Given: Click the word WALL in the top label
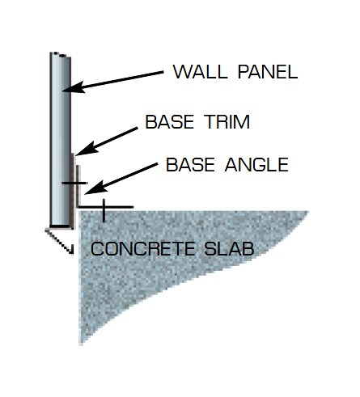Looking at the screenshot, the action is pyautogui.click(x=200, y=72).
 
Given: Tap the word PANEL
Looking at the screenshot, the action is pyautogui.click(x=268, y=72).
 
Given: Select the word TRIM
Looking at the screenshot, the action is pyautogui.click(x=227, y=122).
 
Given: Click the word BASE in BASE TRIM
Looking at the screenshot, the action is pyautogui.click(x=170, y=122).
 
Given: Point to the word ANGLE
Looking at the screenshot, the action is pyautogui.click(x=256, y=165).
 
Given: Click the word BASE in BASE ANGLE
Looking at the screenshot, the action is pyautogui.click(x=190, y=165).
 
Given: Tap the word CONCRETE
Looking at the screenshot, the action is pyautogui.click(x=142, y=248).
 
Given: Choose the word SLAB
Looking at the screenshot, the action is pyautogui.click(x=229, y=248).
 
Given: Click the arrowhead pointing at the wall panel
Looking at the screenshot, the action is pyautogui.click(x=73, y=87).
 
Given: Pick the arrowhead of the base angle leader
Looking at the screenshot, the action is pyautogui.click(x=95, y=188).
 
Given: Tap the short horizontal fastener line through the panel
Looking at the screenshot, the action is pyautogui.click(x=74, y=183).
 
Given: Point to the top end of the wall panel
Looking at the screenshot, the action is pyautogui.click(x=61, y=54).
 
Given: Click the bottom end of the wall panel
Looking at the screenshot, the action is pyautogui.click(x=60, y=226).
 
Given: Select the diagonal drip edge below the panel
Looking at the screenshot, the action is pyautogui.click(x=59, y=242).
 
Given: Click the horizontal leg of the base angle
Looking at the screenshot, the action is pyautogui.click(x=106, y=207).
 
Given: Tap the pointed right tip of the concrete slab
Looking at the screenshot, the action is pyautogui.click(x=308, y=212).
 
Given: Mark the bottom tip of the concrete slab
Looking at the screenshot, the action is pyautogui.click(x=81, y=344).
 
